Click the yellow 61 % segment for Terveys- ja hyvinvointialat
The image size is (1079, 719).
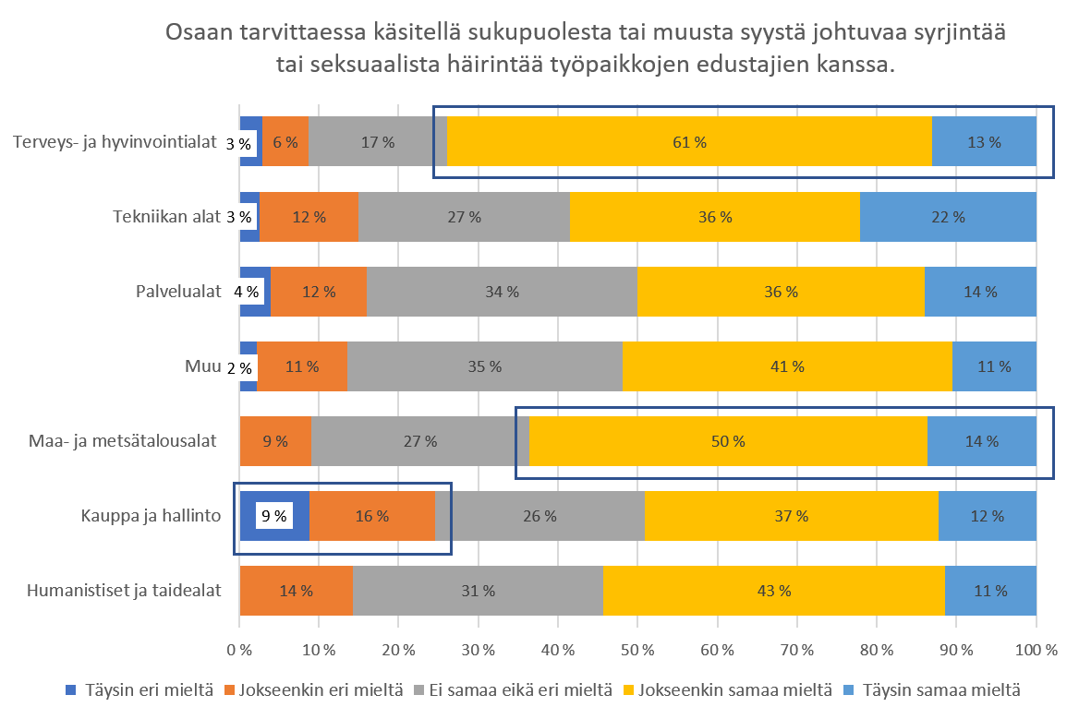coord(689,142)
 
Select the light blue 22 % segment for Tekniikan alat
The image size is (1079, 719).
coord(948,217)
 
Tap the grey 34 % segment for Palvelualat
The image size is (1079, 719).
coord(502,292)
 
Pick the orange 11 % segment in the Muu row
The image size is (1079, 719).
coord(301,366)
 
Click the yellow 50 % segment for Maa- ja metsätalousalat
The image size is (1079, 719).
coord(728,441)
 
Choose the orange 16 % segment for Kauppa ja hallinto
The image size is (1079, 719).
coord(371,516)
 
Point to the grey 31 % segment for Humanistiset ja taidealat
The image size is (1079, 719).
coord(478,591)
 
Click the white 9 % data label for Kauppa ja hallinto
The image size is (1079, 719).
coord(274,516)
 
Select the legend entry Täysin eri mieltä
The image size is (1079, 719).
coord(140,689)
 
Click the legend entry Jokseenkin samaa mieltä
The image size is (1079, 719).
coord(726,689)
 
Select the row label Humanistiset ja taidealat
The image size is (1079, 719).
coord(125,591)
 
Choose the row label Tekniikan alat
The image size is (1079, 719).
coord(166,217)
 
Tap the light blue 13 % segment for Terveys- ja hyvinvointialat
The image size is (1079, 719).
coord(984,142)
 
